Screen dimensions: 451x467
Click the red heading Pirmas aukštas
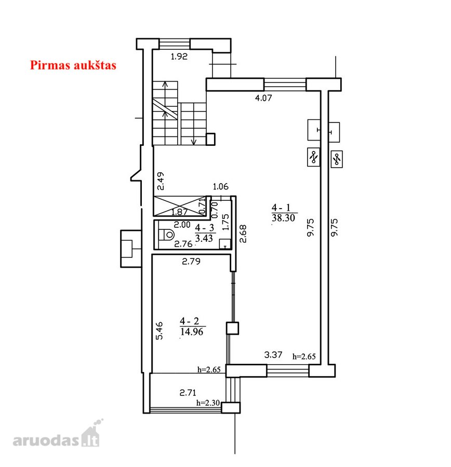[73, 65]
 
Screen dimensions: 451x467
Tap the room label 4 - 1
[281, 207]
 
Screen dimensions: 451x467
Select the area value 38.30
[283, 218]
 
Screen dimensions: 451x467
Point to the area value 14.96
[192, 332]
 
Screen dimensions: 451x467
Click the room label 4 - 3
[205, 228]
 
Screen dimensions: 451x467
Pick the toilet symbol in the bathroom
[166, 235]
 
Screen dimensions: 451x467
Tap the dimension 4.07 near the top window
[263, 98]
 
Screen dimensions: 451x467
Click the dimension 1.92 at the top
[179, 56]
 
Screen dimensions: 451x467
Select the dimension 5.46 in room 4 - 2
[160, 331]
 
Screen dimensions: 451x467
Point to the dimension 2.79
[191, 262]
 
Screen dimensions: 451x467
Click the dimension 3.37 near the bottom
[273, 354]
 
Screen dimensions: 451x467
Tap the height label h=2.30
[208, 403]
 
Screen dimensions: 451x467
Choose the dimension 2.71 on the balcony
[188, 393]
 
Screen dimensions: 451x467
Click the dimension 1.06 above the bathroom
[220, 187]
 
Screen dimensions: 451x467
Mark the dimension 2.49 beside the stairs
[161, 181]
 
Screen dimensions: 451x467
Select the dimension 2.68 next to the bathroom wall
[243, 234]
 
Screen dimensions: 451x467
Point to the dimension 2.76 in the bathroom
[183, 244]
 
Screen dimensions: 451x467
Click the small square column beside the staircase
[210, 139]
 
